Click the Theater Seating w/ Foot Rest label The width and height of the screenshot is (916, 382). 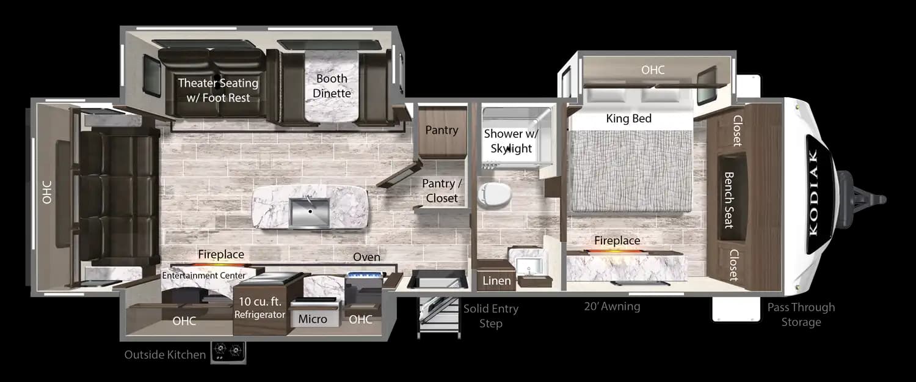218,90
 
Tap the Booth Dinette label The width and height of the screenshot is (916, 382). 332,86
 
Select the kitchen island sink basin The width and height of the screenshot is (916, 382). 310,213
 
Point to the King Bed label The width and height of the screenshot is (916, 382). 628,119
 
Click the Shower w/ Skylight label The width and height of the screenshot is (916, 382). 508,141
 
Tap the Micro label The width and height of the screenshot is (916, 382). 312,319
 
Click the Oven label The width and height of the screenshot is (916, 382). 366,257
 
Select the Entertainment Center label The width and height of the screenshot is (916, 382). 203,276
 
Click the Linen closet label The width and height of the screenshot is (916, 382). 496,281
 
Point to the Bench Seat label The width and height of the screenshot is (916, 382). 729,199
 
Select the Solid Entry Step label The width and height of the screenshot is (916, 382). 490,315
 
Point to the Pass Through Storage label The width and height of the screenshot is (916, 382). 801,314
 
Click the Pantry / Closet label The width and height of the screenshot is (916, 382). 442,191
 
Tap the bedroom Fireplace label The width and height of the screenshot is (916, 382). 617,241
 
